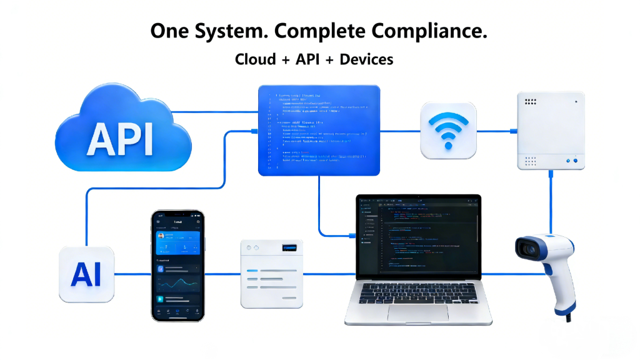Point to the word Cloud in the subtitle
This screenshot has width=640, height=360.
(256, 59)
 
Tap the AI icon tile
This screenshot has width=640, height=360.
(87, 274)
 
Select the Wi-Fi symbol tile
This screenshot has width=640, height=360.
(448, 130)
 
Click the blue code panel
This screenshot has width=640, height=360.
(319, 130)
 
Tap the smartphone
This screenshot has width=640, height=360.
(177, 265)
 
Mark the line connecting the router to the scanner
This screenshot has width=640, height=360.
(551, 200)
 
